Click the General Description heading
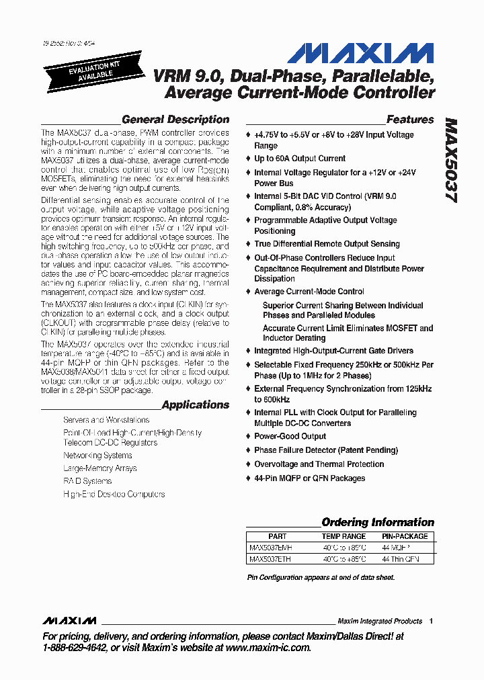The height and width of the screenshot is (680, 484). [x=175, y=120]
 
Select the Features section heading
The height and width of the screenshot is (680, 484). [x=410, y=120]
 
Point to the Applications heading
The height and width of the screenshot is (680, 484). [x=196, y=405]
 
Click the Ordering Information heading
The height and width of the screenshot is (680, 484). [x=378, y=522]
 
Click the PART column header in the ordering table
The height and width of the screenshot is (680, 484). [x=277, y=536]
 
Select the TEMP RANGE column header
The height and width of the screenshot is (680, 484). [x=344, y=536]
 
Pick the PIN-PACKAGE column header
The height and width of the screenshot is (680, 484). [x=405, y=536]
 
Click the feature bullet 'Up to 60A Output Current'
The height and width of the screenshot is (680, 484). [x=300, y=159]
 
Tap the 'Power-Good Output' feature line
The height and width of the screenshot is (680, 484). [x=290, y=436]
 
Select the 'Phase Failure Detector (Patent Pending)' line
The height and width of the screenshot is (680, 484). [x=326, y=450]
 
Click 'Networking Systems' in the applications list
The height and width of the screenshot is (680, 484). [x=97, y=456]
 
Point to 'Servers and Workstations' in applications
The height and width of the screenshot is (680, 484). [x=106, y=420]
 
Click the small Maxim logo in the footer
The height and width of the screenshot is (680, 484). [x=69, y=620]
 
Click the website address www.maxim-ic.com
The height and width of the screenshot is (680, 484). [x=268, y=648]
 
